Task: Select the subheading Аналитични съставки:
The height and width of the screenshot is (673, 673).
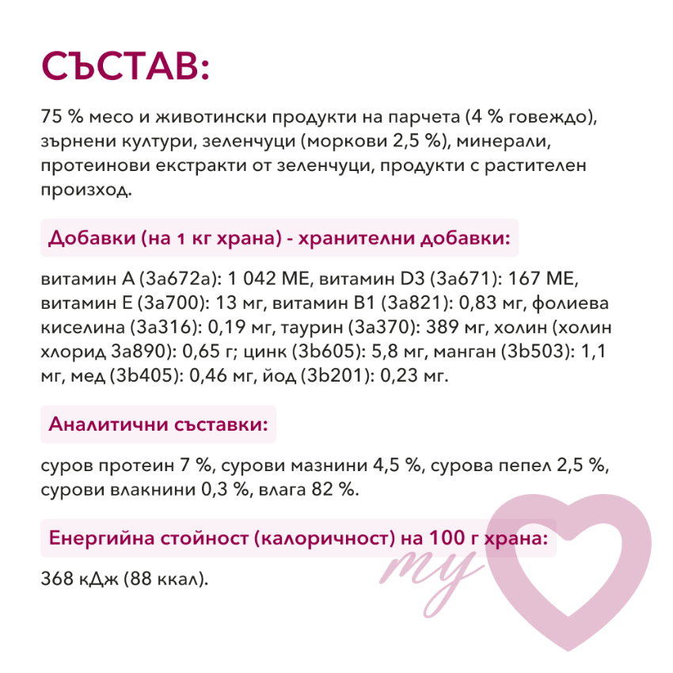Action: pyautogui.click(x=158, y=424)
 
